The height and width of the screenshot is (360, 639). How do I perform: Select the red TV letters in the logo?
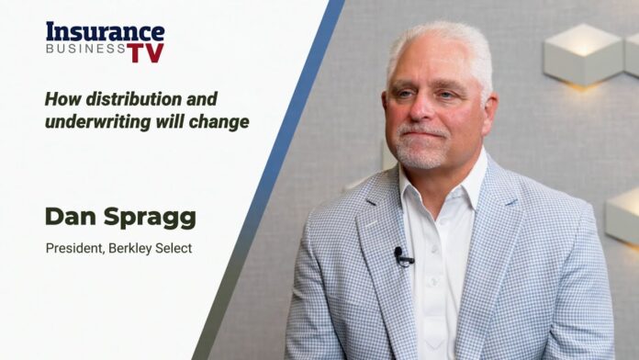point(145,52)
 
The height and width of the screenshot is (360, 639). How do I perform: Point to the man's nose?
point(431,110)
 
